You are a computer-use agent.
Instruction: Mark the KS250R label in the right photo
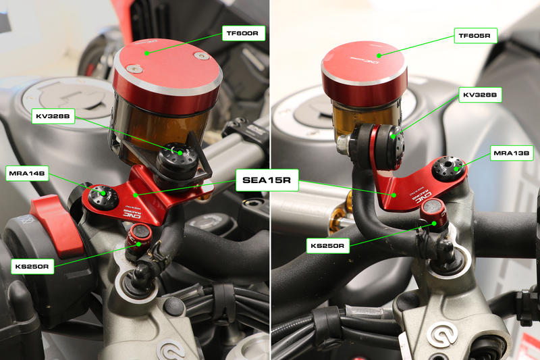[x=329, y=246]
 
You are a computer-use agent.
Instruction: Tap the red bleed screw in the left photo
[x=141, y=234]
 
